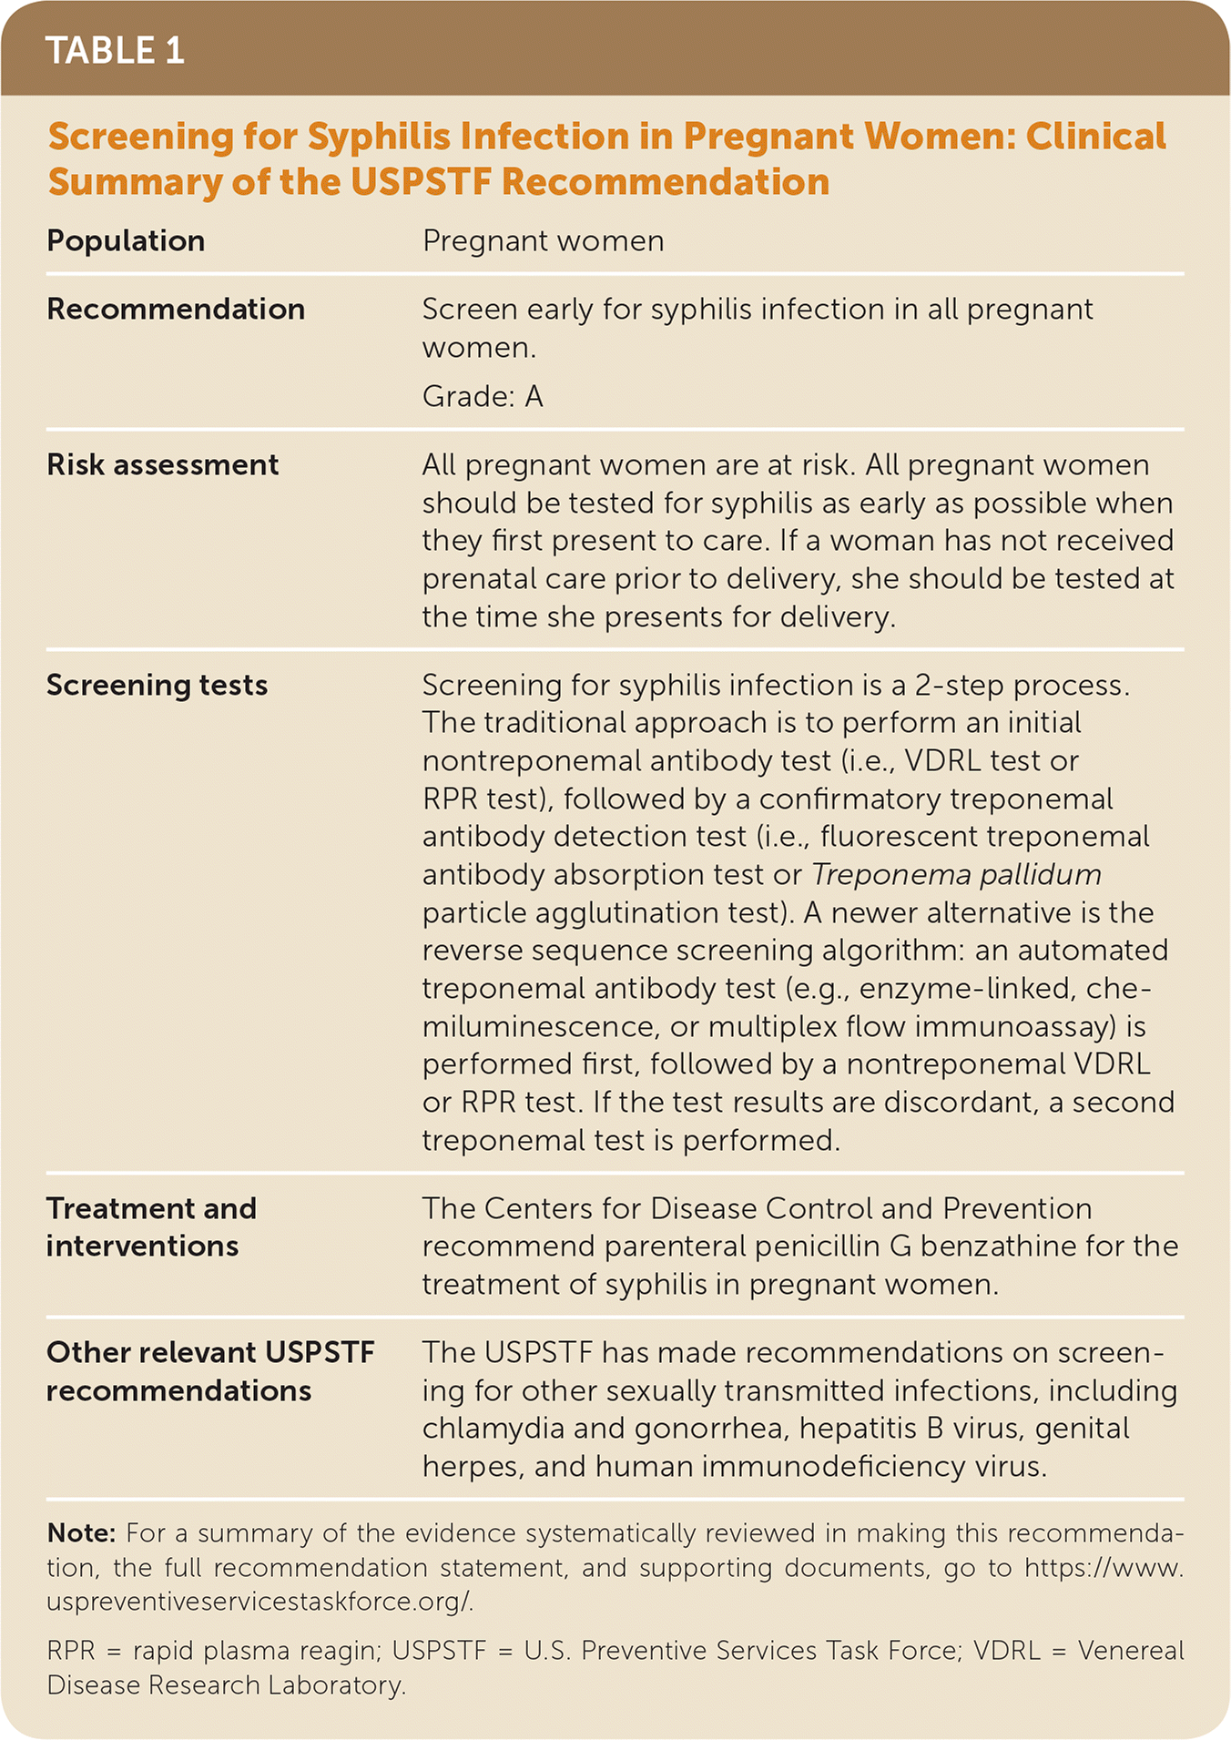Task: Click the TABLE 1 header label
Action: [x=115, y=51]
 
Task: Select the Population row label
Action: [x=126, y=241]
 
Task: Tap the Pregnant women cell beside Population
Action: [x=543, y=241]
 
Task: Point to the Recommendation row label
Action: [x=176, y=310]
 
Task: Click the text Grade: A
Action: [x=483, y=397]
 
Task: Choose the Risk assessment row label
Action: [x=162, y=465]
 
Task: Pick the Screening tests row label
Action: [x=157, y=685]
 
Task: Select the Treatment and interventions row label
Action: [x=151, y=1226]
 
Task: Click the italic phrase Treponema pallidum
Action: [x=956, y=875]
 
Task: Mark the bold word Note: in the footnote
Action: [x=81, y=1533]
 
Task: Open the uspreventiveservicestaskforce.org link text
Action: [x=259, y=1602]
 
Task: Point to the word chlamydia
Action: [x=493, y=1428]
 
